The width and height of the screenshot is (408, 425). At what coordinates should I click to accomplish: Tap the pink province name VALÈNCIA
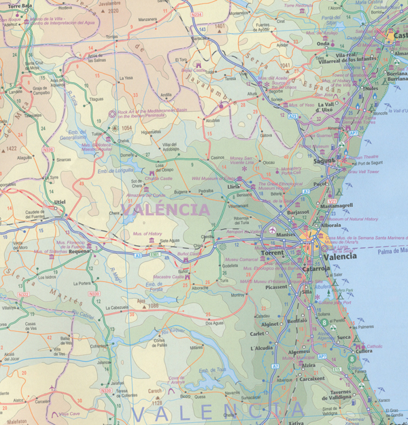pyautogui.click(x=165, y=209)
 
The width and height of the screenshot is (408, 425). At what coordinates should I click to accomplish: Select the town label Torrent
pyautogui.click(x=272, y=253)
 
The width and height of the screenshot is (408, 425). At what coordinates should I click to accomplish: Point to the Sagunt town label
pyautogui.click(x=325, y=160)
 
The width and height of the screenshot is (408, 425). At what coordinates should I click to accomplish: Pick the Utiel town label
pyautogui.click(x=60, y=202)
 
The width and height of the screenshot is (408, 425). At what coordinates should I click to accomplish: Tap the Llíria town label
pyautogui.click(x=234, y=186)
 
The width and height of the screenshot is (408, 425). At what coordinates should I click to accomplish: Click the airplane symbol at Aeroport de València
pyautogui.click(x=272, y=229)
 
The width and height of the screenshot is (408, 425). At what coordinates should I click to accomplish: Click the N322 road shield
pyautogui.click(x=23, y=295)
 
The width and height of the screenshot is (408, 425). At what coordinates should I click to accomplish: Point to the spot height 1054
pyautogui.click(x=126, y=128)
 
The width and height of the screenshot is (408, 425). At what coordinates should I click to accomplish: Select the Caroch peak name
pyautogui.click(x=156, y=391)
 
